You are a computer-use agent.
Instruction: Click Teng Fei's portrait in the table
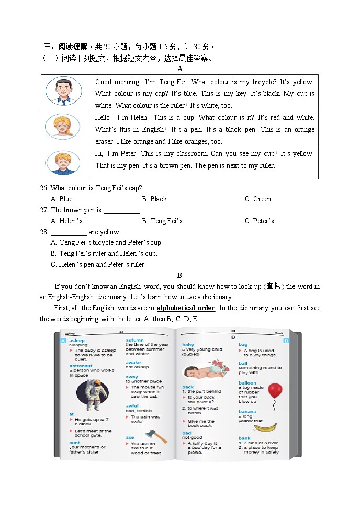pyautogui.click(x=63, y=91)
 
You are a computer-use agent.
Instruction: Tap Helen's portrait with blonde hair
pyautogui.click(x=62, y=127)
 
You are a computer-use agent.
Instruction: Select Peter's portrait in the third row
pyautogui.click(x=62, y=162)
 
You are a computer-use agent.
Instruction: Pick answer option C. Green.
pyautogui.click(x=258, y=199)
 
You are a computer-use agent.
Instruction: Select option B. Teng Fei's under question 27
pyautogui.click(x=162, y=221)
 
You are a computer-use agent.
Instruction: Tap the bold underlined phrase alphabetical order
pyautogui.click(x=186, y=308)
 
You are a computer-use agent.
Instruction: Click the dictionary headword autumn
pyautogui.click(x=134, y=340)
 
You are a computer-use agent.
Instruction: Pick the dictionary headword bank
pyautogui.click(x=244, y=438)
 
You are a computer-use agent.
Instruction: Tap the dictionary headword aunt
pyautogui.click(x=74, y=443)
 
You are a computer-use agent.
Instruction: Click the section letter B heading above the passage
pyautogui.click(x=179, y=275)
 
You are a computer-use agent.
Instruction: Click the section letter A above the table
pyautogui.click(x=179, y=69)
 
